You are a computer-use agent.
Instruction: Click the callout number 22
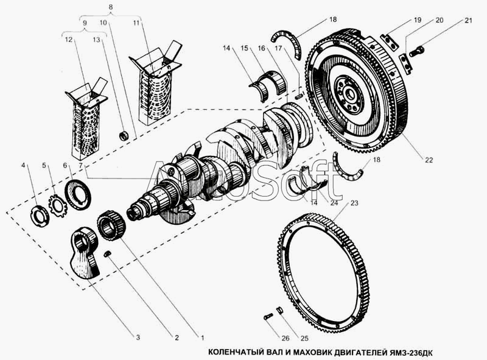point(429,160)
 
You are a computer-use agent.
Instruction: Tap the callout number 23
point(354,203)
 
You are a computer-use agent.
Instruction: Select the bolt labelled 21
point(417,51)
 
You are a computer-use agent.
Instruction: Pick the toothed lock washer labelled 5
point(58,205)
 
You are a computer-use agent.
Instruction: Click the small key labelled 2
point(108,253)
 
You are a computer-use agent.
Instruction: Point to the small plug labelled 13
point(125,136)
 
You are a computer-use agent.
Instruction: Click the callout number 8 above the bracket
point(111,7)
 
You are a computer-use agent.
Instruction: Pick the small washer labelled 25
point(280,310)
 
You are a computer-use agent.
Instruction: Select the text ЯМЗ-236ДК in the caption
point(409,353)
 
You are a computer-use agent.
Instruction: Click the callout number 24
point(334,203)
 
